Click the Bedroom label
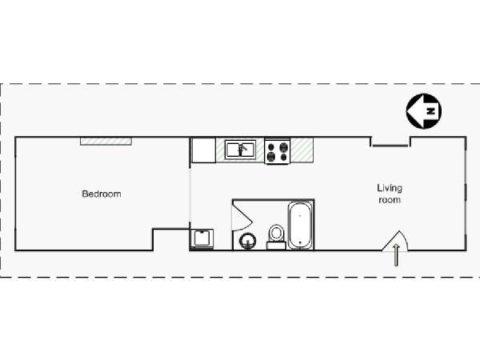tap(102, 194)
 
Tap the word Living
tap(390, 188)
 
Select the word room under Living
tap(390, 200)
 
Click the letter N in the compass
tap(431, 111)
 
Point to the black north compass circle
tap(424, 111)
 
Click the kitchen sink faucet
tap(243, 149)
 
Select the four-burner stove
tap(277, 151)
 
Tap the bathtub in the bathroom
tap(300, 226)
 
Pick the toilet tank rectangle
tap(276, 246)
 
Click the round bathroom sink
tap(248, 242)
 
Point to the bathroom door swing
tap(242, 216)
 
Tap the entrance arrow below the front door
tap(396, 254)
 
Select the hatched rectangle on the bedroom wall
tap(106, 141)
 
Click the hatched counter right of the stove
tap(302, 150)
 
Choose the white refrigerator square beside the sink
tap(203, 150)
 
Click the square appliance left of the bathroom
tap(202, 238)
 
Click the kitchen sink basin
tap(240, 150)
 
